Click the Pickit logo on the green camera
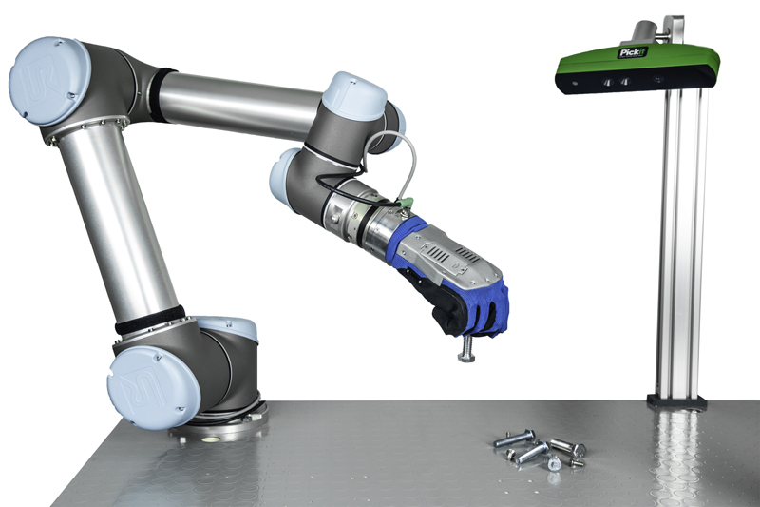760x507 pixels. tap(632, 52)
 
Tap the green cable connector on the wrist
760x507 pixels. tap(403, 203)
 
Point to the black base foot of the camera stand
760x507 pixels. tap(676, 401)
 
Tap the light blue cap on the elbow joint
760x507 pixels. tap(354, 94)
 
